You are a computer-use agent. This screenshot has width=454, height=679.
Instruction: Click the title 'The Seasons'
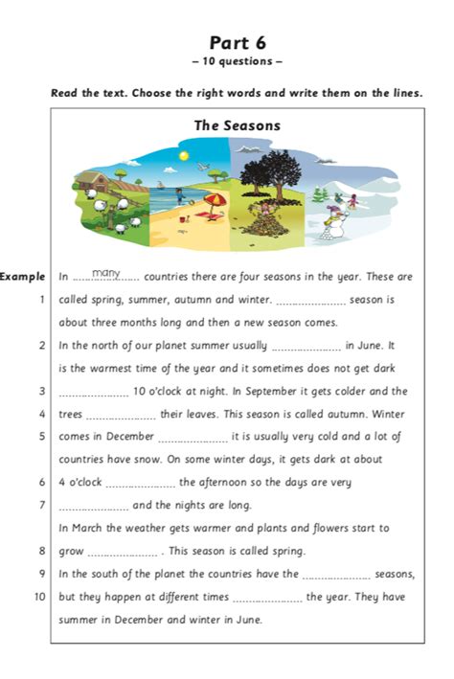pos(237,125)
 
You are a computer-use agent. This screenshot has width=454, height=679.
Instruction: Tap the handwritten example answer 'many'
pos(106,274)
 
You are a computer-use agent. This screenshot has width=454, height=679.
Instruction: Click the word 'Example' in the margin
pos(23,277)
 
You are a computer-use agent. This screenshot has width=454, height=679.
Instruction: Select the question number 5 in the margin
pos(42,436)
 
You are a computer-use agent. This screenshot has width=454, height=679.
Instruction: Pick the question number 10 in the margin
pos(39,596)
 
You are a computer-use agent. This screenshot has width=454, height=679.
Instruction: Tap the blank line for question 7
pos(93,507)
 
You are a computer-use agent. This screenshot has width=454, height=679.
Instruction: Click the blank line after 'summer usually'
pos(306,348)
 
